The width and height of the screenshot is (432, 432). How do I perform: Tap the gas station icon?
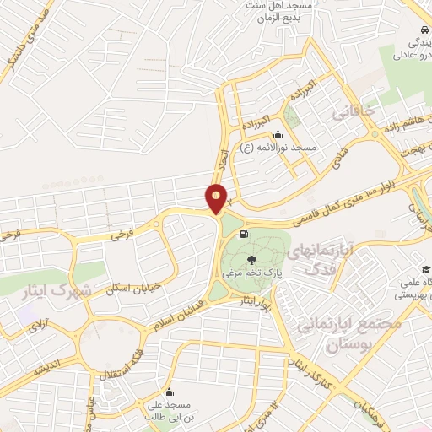pos(245,234)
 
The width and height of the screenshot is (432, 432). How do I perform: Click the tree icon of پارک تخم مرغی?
pos(251,260)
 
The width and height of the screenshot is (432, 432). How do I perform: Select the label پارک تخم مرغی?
pos(251,274)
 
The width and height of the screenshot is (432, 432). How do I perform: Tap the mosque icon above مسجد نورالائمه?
pos(278,134)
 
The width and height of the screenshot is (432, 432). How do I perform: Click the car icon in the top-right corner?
pos(420,29)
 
